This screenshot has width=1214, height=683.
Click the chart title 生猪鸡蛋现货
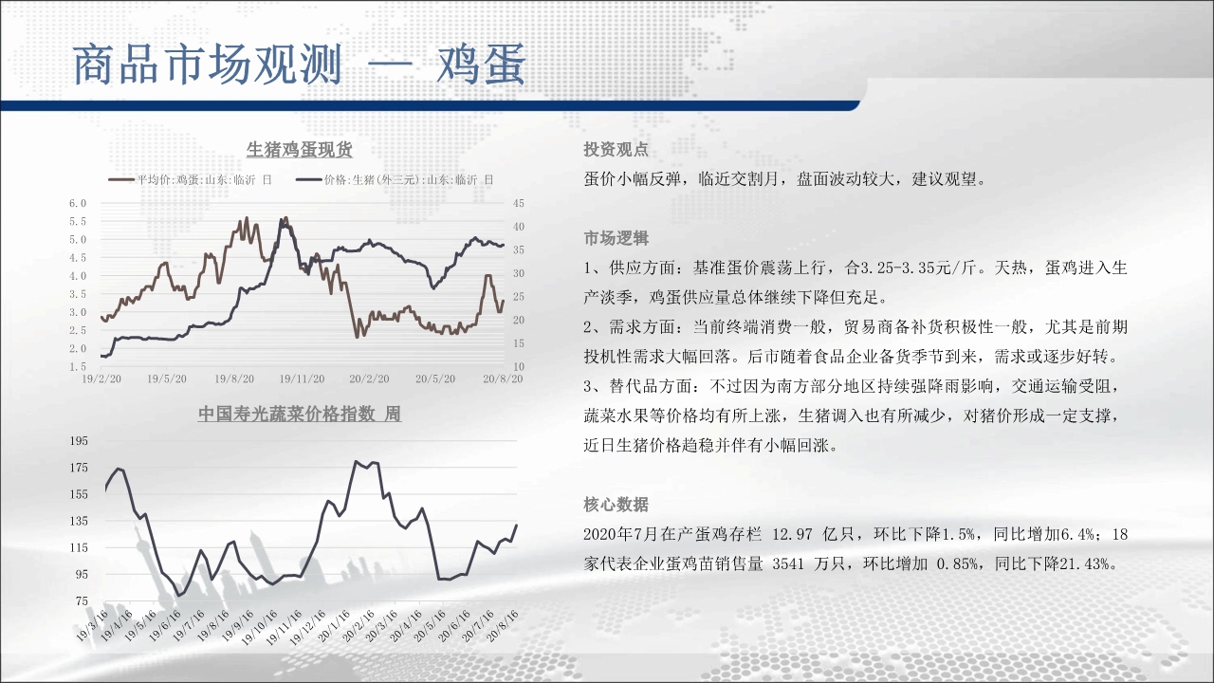299,150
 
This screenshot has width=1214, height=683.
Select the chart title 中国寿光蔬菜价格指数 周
299,415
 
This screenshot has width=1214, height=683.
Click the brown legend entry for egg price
191,179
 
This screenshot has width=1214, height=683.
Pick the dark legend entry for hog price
395,179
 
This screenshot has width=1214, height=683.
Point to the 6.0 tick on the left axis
78,203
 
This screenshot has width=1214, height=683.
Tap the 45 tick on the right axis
519,203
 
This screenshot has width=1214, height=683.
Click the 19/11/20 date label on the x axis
302,378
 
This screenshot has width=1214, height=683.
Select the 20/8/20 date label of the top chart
503,378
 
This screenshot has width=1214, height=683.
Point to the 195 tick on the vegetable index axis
79,441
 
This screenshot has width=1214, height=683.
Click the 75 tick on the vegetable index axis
82,600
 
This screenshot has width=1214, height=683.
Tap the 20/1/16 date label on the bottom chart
334,626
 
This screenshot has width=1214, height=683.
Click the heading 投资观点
616,150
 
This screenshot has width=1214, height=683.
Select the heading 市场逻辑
616,238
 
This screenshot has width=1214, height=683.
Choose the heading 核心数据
616,505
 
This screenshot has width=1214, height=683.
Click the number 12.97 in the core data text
792,534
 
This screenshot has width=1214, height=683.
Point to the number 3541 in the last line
788,564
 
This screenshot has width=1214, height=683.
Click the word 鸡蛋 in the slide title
481,65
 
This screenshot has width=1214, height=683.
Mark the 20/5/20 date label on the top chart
435,378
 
